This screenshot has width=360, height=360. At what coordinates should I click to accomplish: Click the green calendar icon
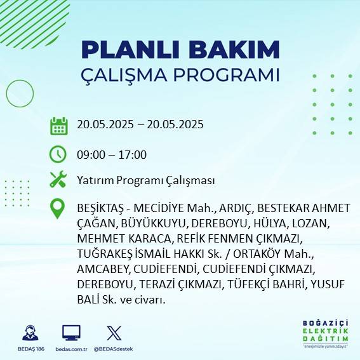[x=58, y=125]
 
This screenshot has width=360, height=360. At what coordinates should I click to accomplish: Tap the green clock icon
[x=58, y=154]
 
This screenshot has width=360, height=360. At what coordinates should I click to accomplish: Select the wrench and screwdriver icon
[x=58, y=180]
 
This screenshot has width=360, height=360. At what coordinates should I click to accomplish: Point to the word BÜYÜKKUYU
[x=149, y=223]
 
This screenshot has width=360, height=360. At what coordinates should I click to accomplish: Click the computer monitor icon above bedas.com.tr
[x=71, y=332]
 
